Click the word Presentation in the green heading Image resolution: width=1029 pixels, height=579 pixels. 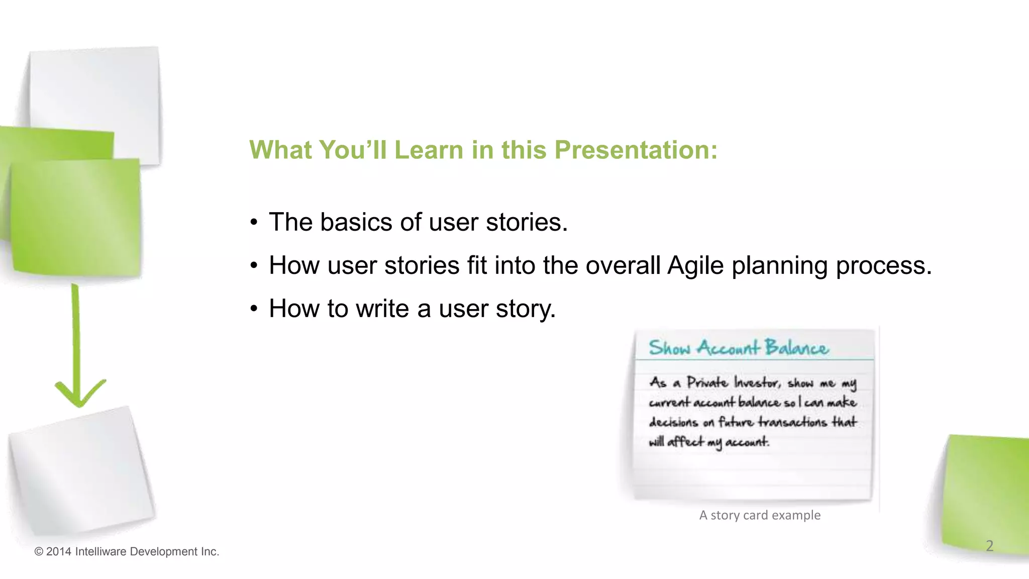point(636,150)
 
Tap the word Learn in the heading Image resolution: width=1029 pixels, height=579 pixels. point(428,150)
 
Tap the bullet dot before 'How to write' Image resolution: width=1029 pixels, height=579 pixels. point(254,309)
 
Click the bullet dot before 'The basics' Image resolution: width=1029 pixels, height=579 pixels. point(254,222)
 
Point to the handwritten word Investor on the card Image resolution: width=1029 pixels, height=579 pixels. point(757,383)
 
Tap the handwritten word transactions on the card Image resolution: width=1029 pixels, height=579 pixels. point(792,422)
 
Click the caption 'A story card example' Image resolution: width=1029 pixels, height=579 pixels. point(760,515)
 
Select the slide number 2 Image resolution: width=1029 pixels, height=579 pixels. point(989,546)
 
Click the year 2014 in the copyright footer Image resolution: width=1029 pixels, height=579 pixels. point(58,552)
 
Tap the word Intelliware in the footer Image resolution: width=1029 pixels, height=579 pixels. point(100,552)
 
